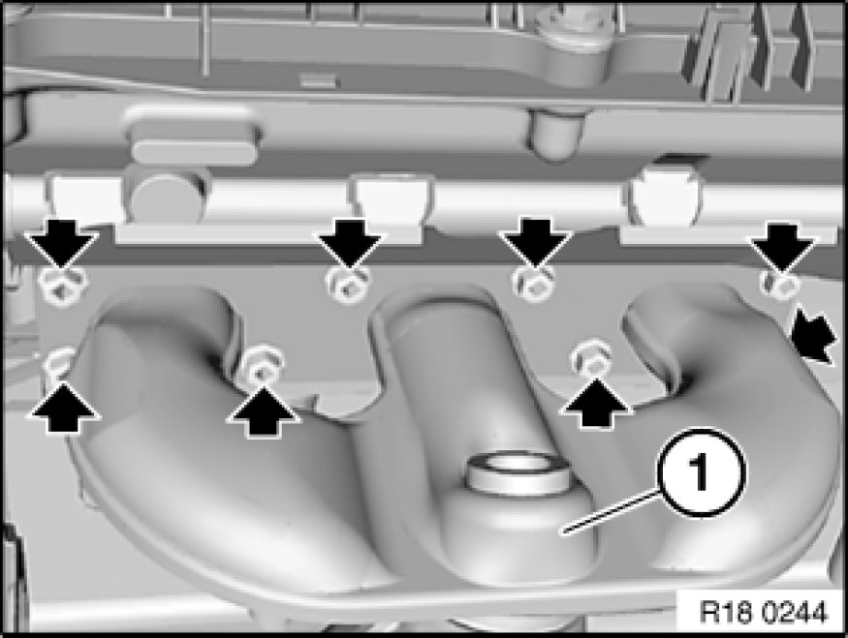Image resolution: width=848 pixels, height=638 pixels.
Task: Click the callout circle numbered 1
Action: tap(702, 472)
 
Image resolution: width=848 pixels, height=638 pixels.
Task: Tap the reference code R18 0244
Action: tap(763, 613)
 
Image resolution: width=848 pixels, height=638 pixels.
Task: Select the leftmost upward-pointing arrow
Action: tap(64, 408)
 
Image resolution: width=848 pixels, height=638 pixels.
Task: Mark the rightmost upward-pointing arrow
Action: tap(595, 403)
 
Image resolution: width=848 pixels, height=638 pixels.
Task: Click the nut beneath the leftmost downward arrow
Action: tap(63, 287)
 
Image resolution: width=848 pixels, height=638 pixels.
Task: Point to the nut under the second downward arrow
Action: tap(348, 285)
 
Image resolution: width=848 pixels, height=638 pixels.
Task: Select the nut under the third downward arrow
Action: tap(533, 283)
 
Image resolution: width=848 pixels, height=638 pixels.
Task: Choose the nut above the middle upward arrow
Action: tap(262, 365)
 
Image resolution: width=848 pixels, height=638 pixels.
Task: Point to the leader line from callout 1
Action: tap(612, 512)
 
